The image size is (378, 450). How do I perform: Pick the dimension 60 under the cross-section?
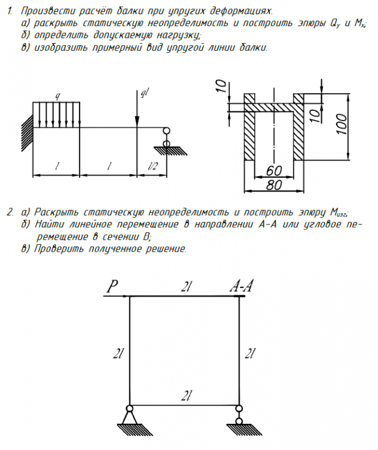click(x=273, y=170)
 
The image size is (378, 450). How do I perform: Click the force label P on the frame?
click(x=111, y=288)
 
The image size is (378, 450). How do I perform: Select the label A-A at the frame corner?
click(x=241, y=287)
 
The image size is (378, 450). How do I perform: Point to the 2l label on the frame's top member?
click(x=184, y=287)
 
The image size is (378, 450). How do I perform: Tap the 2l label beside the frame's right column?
click(x=250, y=353)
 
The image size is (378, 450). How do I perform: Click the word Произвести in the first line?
click(x=45, y=11)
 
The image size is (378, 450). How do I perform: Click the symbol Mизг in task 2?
click(x=339, y=213)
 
